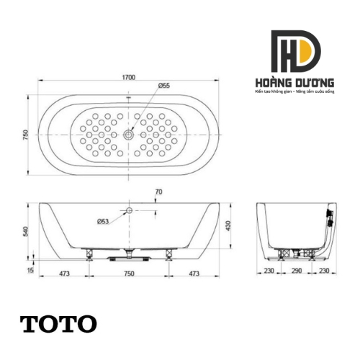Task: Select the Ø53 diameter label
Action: coord(103,221)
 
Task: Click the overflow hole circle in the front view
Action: coord(130,211)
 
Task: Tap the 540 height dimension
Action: coord(24,231)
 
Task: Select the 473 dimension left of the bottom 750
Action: coord(64,274)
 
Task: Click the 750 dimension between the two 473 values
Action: coord(130,274)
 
